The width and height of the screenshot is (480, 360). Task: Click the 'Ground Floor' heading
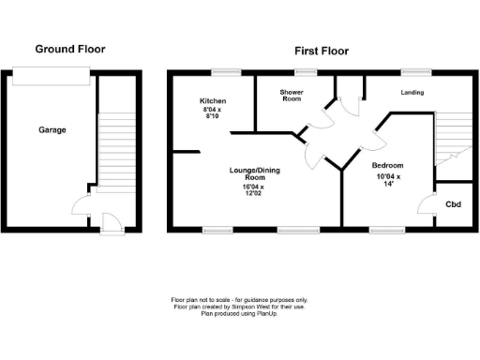[x=70, y=49]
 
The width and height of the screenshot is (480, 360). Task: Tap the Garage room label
[x=52, y=129]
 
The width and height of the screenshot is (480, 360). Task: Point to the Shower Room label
[x=292, y=96]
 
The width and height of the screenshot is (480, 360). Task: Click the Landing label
[x=412, y=92]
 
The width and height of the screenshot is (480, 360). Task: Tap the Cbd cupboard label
[x=453, y=204]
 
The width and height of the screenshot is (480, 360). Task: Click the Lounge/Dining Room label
[x=256, y=173]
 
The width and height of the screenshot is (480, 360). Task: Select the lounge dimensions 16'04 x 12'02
[x=256, y=189]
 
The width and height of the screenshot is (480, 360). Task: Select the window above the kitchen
[x=223, y=72]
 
